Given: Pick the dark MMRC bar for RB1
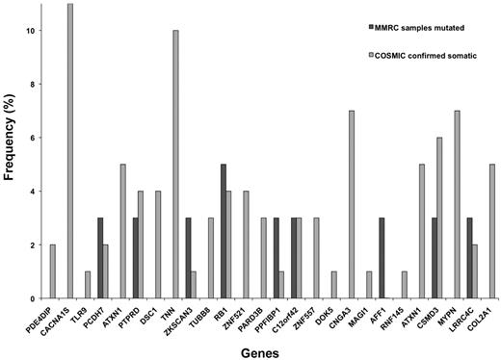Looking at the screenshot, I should click(x=224, y=231).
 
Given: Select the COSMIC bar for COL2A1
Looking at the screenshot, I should click(x=491, y=231).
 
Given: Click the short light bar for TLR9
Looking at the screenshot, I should click(x=87, y=285).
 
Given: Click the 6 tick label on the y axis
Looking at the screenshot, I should click(x=32, y=138).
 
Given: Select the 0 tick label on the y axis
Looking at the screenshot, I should click(x=32, y=298).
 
